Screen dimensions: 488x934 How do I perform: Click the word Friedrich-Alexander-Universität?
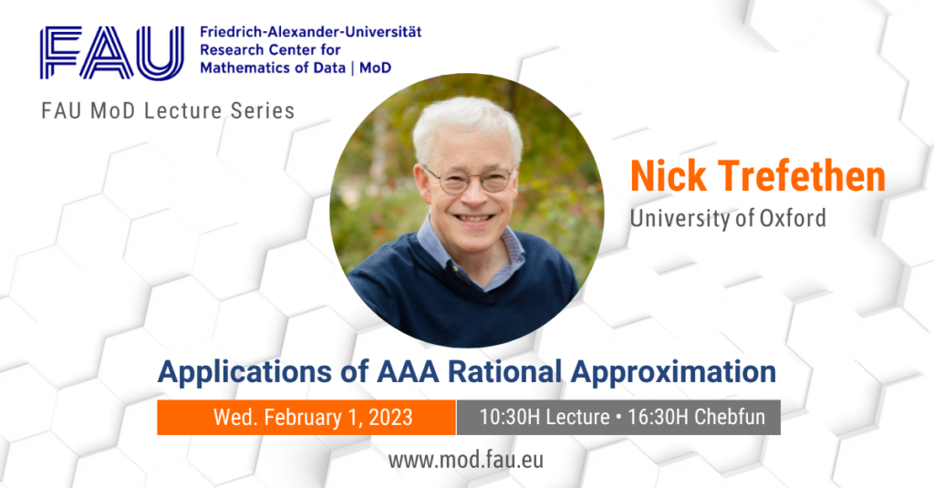coord(310,32)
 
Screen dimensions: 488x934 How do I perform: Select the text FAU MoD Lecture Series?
coord(168,110)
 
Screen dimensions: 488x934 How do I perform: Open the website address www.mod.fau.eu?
coord(466,459)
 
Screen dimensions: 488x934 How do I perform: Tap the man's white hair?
coord(465,123)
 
